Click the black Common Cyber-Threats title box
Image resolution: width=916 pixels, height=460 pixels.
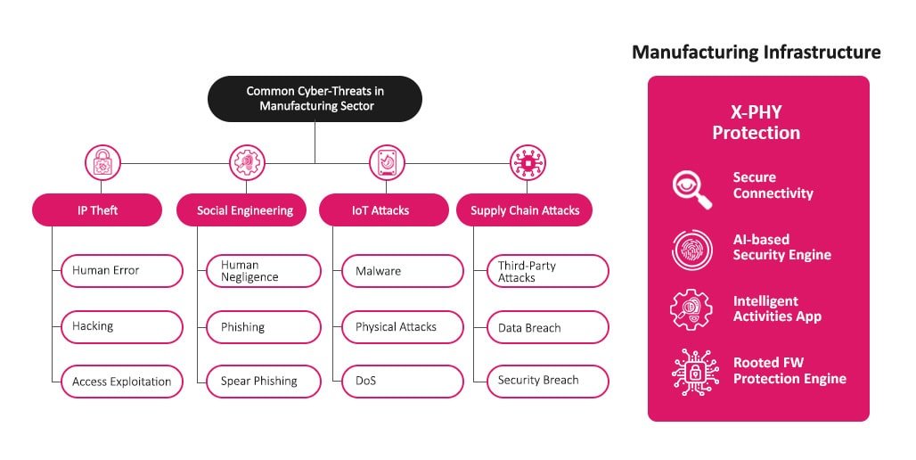pyautogui.click(x=315, y=98)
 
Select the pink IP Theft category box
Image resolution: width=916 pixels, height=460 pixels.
pyautogui.click(x=97, y=210)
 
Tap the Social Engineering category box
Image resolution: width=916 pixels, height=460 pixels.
pyautogui.click(x=245, y=210)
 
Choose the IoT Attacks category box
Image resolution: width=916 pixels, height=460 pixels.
pyautogui.click(x=383, y=210)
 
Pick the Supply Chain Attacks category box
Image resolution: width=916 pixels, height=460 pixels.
pyautogui.click(x=524, y=210)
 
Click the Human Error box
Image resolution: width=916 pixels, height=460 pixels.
pyautogui.click(x=121, y=271)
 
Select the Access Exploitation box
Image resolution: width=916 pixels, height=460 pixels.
pyautogui.click(x=121, y=382)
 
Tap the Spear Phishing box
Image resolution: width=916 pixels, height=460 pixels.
pyautogui.click(x=263, y=382)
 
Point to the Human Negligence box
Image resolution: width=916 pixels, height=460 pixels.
pyautogui.click(x=263, y=271)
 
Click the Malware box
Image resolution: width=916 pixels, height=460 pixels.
pyautogui.click(x=402, y=271)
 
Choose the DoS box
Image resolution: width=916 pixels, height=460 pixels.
pyautogui.click(x=402, y=382)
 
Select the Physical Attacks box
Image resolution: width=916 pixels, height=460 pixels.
pyautogui.click(x=402, y=327)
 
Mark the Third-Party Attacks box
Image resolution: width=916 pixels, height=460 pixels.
pyautogui.click(x=547, y=271)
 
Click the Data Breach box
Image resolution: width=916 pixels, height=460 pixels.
pyautogui.click(x=547, y=327)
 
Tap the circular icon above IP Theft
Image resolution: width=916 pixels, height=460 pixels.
pyautogui.click(x=102, y=163)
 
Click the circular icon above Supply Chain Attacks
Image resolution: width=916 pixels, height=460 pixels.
pyautogui.click(x=528, y=163)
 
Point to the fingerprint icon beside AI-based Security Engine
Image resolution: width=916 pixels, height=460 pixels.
pyautogui.click(x=691, y=249)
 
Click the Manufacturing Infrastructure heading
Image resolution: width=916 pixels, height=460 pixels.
pyautogui.click(x=756, y=53)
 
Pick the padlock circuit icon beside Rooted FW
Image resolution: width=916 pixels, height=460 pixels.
pyautogui.click(x=691, y=372)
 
